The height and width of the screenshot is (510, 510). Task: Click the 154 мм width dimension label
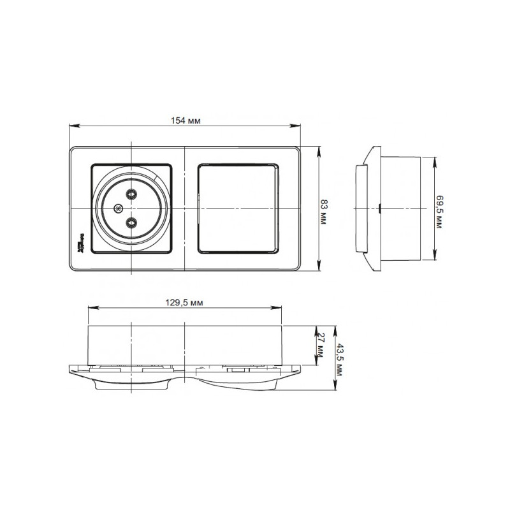(186, 120)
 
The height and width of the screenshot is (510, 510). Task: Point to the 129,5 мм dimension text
(185, 303)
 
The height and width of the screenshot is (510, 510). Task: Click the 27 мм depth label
(323, 345)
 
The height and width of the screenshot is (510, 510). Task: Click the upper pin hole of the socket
(131, 195)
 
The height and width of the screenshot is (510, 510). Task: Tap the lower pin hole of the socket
(131, 222)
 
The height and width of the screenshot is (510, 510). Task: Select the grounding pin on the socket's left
(117, 208)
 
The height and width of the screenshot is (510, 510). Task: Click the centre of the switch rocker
(239, 208)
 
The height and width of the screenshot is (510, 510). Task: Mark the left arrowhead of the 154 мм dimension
(72, 126)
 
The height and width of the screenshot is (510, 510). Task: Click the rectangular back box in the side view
(400, 208)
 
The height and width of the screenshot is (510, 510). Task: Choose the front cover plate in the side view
(361, 208)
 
